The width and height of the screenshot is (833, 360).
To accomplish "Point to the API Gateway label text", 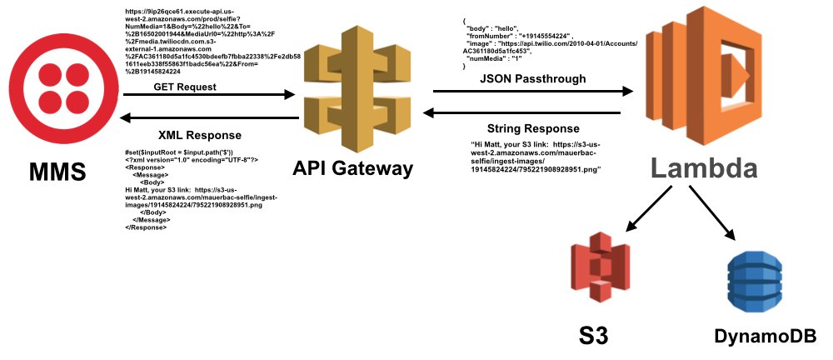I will click(352, 168).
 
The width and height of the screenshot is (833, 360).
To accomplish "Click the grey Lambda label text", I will click(704, 169).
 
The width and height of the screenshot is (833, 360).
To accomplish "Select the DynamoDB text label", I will click(765, 337).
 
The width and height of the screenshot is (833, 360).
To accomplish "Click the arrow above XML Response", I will click(212, 117).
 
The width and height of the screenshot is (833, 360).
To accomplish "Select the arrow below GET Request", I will click(212, 96).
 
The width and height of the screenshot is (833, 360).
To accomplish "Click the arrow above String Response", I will click(521, 112).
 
